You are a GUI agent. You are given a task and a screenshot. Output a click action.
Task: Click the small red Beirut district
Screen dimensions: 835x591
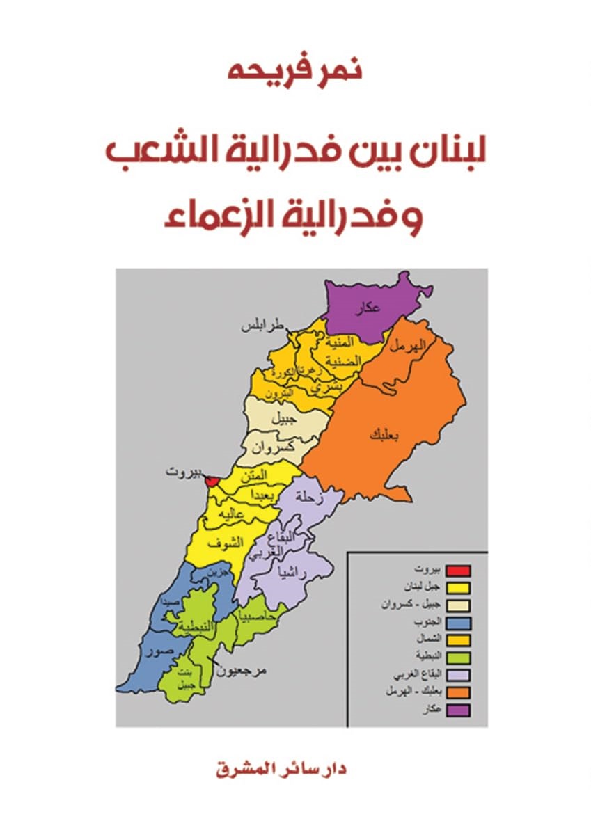[x=214, y=482]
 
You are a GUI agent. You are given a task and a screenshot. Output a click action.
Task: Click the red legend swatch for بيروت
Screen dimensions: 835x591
[x=458, y=571]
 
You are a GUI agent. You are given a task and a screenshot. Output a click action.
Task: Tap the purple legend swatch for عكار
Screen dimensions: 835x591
[x=458, y=710]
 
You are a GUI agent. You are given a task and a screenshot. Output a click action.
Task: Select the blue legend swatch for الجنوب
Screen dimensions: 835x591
[x=458, y=623]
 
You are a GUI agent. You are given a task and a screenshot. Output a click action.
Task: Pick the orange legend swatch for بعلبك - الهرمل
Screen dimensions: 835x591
[x=458, y=692]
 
